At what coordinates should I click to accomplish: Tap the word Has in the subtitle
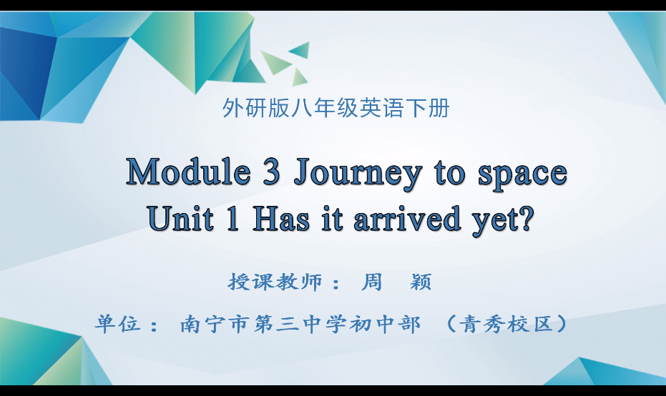(x=281, y=218)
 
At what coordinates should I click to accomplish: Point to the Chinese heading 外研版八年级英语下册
(x=336, y=109)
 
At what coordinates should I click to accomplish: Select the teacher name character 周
(x=373, y=282)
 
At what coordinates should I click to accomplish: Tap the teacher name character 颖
(x=421, y=282)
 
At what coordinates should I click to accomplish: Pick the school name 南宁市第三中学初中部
(x=300, y=324)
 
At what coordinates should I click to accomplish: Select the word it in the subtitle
(x=333, y=218)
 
